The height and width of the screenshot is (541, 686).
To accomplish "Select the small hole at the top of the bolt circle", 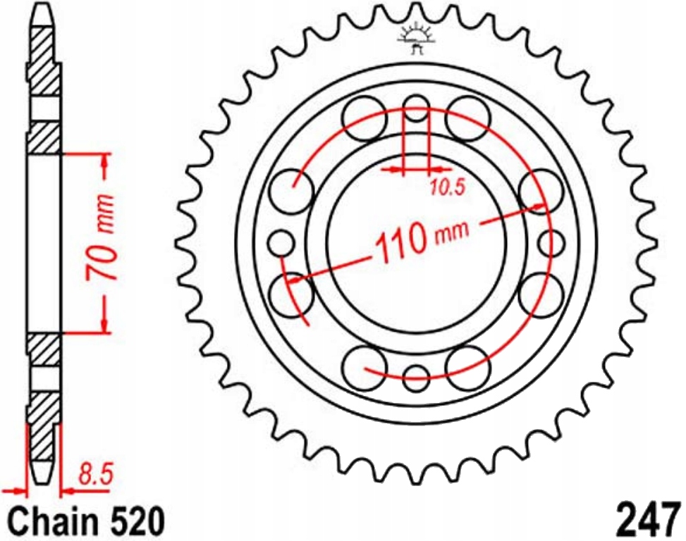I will [x=416, y=110].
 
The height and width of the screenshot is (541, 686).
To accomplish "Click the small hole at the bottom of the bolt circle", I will [x=416, y=376].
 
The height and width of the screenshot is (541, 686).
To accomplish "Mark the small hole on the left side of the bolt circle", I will [x=283, y=243].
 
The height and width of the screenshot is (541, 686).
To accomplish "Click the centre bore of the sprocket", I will [x=416, y=243].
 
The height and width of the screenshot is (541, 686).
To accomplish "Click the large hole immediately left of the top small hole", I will [x=364, y=118].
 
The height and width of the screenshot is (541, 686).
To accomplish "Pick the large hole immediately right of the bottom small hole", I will [x=467, y=366].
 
